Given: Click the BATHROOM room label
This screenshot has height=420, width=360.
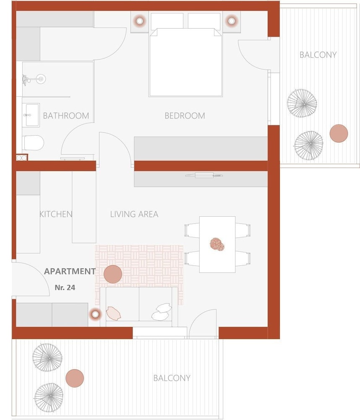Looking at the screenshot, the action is tap(66, 116).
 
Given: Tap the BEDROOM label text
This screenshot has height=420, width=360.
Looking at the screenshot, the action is tap(185, 116).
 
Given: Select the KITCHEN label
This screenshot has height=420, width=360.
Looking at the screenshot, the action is tap(56, 214).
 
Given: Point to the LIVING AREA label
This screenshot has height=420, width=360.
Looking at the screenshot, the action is tap(134, 214).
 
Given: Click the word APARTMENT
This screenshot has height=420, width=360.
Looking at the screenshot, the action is tap(70, 271).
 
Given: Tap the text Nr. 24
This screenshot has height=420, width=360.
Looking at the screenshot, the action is tap(65, 287).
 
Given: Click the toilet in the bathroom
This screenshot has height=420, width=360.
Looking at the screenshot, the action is tap(33, 143).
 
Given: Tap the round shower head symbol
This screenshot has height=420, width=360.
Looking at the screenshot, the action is tap(41, 79).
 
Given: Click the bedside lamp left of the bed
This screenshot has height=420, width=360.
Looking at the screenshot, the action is tap(139, 21).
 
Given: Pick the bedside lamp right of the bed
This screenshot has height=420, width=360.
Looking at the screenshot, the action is tap(232, 21).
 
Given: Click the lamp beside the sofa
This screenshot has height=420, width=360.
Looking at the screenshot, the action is tap(95, 314).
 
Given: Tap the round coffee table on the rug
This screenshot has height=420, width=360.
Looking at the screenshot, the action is tap(113, 274).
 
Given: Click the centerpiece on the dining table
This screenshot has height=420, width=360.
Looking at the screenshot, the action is tap(217, 244).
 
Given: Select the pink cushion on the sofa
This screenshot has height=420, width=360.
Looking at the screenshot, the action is tap(114, 313).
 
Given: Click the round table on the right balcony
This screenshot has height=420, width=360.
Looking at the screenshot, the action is tap(339, 134).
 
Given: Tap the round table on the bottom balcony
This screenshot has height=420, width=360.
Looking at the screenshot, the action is tap(75, 378).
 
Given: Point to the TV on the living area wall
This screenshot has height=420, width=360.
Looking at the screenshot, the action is tap(204, 176).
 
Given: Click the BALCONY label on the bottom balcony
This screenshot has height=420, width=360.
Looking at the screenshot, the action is tap(172, 378).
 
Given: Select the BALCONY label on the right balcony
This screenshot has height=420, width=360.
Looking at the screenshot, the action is tap(318, 55).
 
